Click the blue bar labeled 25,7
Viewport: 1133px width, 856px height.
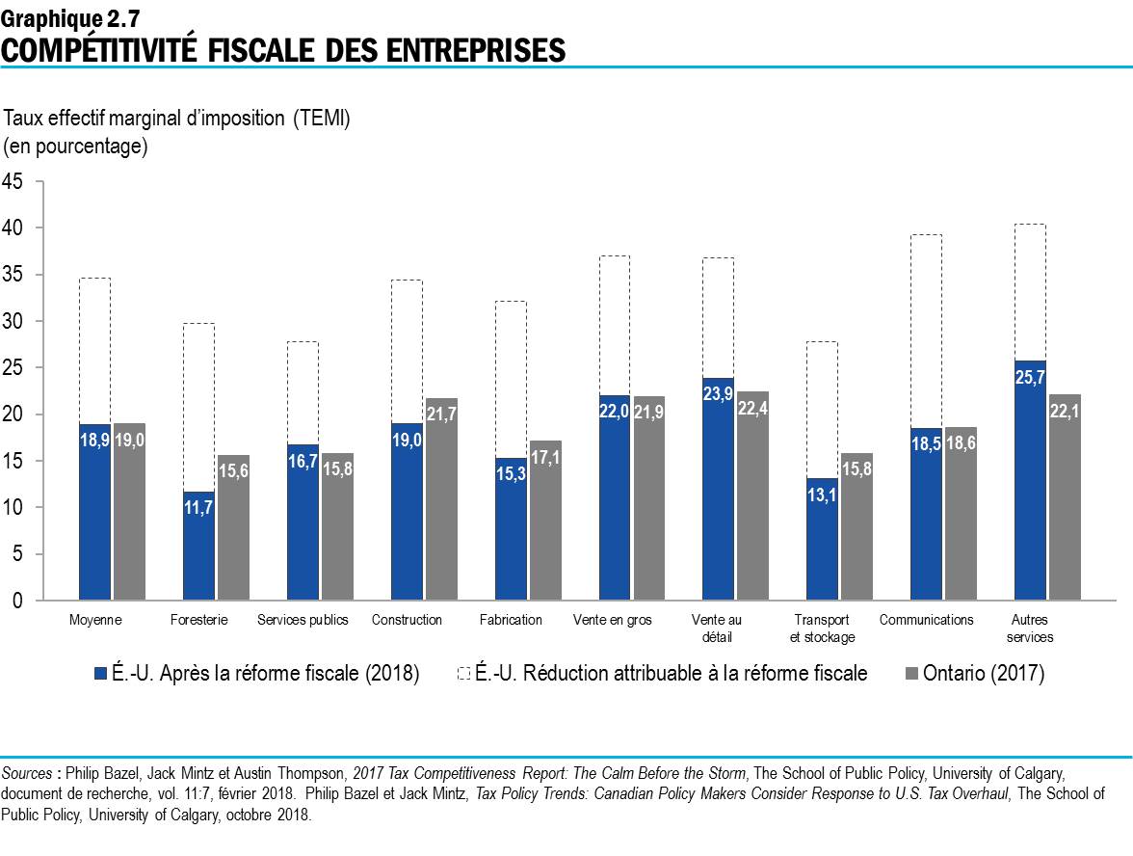pos(1030,480)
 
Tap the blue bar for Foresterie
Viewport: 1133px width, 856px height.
pos(198,546)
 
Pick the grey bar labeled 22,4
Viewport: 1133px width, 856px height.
pos(752,495)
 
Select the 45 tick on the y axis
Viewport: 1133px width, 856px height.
pos(13,181)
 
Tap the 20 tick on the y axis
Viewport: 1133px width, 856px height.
pos(13,415)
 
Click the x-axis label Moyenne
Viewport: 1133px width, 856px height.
pos(95,620)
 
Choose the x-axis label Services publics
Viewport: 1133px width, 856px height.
pos(303,620)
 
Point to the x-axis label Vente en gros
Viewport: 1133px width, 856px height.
pos(613,620)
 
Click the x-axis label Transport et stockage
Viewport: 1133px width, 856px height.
pos(822,629)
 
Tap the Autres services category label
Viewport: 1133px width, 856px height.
pos(1030,629)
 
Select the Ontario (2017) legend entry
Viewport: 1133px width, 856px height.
pos(983,674)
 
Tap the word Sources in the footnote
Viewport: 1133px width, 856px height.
pos(26,774)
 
